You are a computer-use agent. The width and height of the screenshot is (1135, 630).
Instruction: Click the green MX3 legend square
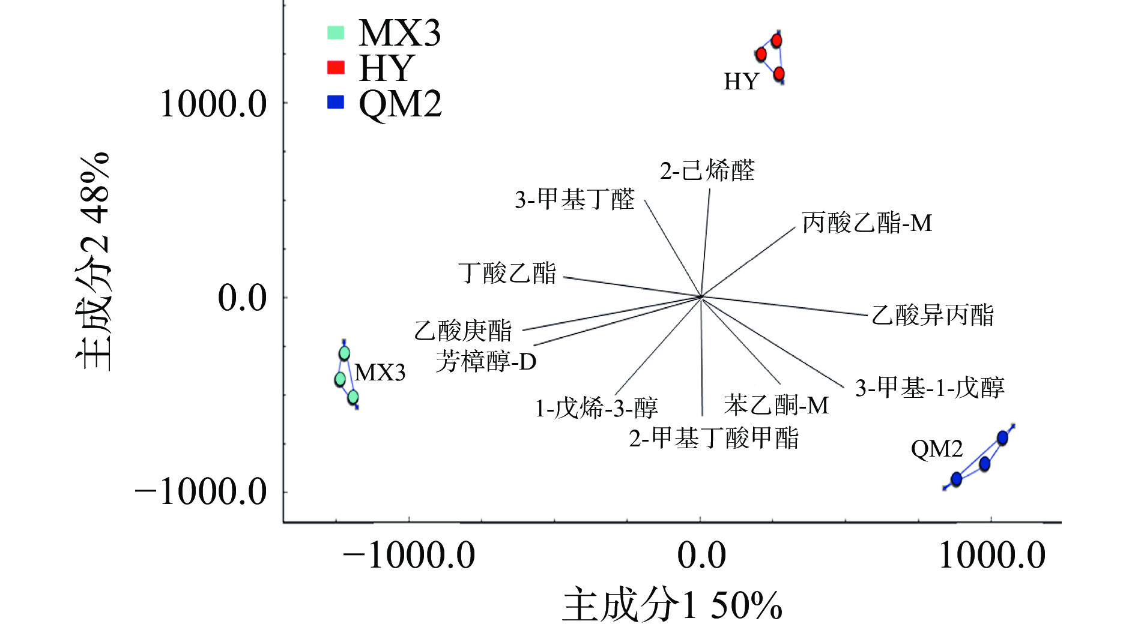(x=336, y=32)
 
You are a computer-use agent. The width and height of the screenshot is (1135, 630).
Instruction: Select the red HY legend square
(x=336, y=67)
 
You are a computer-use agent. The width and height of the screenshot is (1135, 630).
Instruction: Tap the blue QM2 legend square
(x=336, y=102)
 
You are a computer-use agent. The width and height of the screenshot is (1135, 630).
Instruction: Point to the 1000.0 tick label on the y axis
(x=213, y=104)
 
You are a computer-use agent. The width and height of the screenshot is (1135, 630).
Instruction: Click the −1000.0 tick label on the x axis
(x=409, y=555)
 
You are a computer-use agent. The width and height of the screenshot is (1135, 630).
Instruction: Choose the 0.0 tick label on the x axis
(x=701, y=555)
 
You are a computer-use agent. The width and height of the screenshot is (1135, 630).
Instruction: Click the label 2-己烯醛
(x=707, y=171)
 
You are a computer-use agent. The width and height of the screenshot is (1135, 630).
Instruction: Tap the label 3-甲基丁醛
(x=575, y=199)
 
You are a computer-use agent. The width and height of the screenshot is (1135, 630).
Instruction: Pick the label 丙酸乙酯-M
(x=867, y=223)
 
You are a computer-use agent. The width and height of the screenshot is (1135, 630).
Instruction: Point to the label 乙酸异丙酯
(x=932, y=315)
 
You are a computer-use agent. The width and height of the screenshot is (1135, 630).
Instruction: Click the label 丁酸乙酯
(x=507, y=274)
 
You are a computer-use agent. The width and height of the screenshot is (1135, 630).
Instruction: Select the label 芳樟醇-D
(x=486, y=361)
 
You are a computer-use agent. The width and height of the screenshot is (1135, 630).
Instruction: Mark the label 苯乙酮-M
(x=776, y=406)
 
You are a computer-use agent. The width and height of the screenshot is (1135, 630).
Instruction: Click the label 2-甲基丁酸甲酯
(x=713, y=438)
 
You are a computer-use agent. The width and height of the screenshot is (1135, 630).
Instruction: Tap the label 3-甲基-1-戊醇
(x=930, y=388)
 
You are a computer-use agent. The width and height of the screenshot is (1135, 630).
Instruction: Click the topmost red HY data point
(x=776, y=41)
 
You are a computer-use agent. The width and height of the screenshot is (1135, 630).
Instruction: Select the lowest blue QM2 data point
(x=956, y=479)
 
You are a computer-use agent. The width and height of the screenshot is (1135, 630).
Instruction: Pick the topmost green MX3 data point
(x=344, y=353)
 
